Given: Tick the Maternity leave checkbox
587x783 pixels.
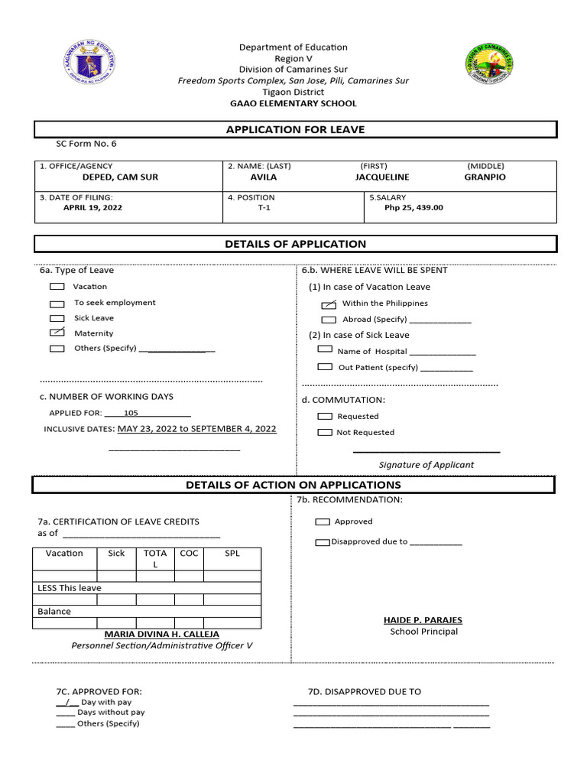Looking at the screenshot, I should pyautogui.click(x=57, y=333).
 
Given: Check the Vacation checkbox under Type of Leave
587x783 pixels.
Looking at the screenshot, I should pyautogui.click(x=57, y=287).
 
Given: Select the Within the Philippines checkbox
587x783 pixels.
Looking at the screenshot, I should pyautogui.click(x=329, y=304).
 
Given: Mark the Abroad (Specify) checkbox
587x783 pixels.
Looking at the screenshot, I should pyautogui.click(x=329, y=320).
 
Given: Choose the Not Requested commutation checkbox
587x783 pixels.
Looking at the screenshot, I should pyautogui.click(x=325, y=433).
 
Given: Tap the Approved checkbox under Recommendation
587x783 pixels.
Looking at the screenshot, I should pyautogui.click(x=323, y=521).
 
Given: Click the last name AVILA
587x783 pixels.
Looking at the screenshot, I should pyautogui.click(x=264, y=177).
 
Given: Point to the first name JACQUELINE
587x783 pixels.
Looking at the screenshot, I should pyautogui.click(x=382, y=177).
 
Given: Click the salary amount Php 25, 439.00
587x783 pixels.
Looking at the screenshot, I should pyautogui.click(x=413, y=207).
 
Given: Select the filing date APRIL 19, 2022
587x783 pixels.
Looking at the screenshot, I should pyautogui.click(x=92, y=207).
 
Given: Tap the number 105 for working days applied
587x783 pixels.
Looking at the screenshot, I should pyautogui.click(x=131, y=412).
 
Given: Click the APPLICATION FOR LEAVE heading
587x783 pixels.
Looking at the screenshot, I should pyautogui.click(x=295, y=130).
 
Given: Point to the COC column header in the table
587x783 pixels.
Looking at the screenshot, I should pyautogui.click(x=189, y=553).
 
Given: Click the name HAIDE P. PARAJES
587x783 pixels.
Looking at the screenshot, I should pyautogui.click(x=423, y=620).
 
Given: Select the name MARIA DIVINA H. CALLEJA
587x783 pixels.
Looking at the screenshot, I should pyautogui.click(x=161, y=634).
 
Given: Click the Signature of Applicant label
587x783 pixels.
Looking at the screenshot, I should pyautogui.click(x=426, y=465).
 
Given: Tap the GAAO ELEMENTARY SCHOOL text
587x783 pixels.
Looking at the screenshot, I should pyautogui.click(x=293, y=103).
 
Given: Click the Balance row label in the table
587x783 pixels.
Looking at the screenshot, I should pyautogui.click(x=54, y=611).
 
